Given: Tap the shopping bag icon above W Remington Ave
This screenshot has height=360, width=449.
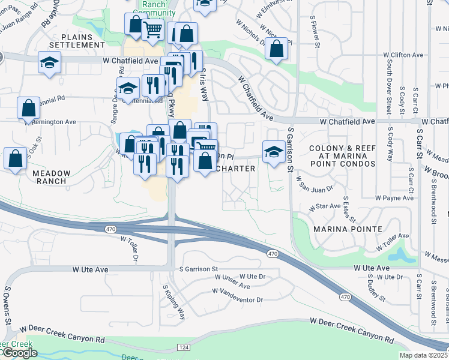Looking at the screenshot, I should click(28, 108).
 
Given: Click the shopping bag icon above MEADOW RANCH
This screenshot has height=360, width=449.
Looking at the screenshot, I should click(15, 158).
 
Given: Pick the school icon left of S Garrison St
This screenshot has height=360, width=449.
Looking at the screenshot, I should click(274, 150).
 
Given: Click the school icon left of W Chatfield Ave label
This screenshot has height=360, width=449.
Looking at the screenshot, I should click(49, 62).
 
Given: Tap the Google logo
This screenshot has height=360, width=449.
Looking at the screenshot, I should click(19, 353).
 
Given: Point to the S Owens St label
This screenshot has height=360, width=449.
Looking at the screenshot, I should click(8, 306).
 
